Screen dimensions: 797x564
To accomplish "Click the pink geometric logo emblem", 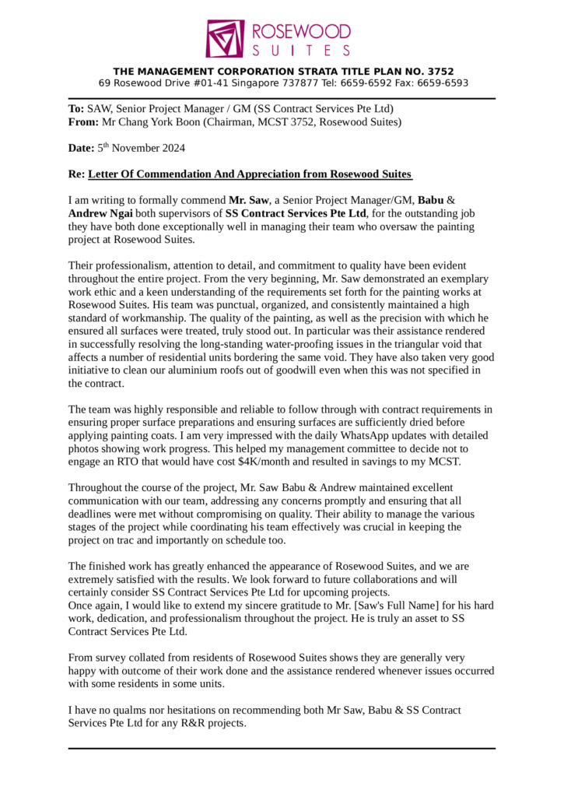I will pyautogui.click(x=226, y=38).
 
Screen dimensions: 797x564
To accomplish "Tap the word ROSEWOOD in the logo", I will pyautogui.click(x=300, y=31).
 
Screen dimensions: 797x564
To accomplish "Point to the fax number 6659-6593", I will pyautogui.click(x=443, y=83).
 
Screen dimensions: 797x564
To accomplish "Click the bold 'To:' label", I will pyautogui.click(x=76, y=109).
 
